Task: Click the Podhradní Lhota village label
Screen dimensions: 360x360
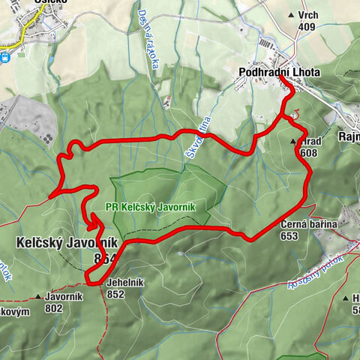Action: [x=278, y=71]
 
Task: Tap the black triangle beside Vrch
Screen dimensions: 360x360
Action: [x=292, y=15]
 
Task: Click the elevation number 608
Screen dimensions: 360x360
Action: [x=307, y=153]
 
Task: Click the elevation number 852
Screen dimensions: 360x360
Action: [x=116, y=295]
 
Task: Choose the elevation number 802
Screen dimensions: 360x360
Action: [x=54, y=307]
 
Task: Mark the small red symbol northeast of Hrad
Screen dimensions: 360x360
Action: [x=298, y=114]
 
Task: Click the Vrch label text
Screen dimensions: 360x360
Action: [x=307, y=15]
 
